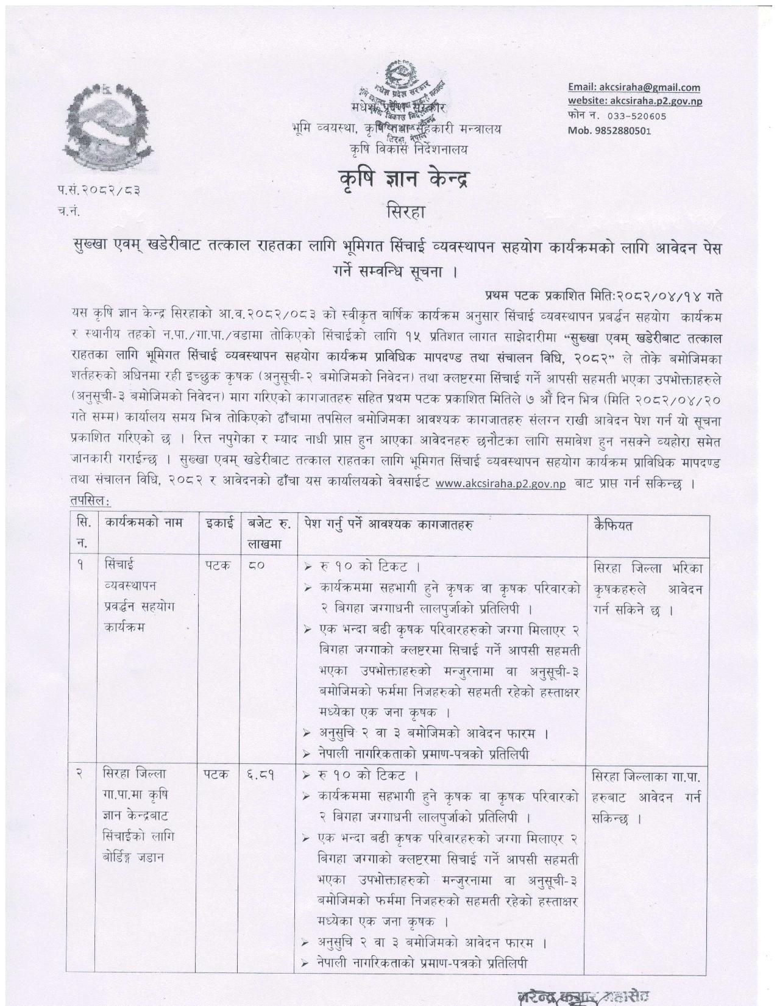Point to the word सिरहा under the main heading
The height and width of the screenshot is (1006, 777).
pyautogui.click(x=406, y=213)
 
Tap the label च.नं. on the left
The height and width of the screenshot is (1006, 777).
pyautogui.click(x=69, y=213)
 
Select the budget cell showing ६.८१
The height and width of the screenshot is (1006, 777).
pyautogui.click(x=261, y=776)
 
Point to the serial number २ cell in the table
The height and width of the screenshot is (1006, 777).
pyautogui.click(x=79, y=775)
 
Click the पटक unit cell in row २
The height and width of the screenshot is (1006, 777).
pyautogui.click(x=217, y=775)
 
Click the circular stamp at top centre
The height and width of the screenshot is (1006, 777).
pyautogui.click(x=402, y=101)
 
